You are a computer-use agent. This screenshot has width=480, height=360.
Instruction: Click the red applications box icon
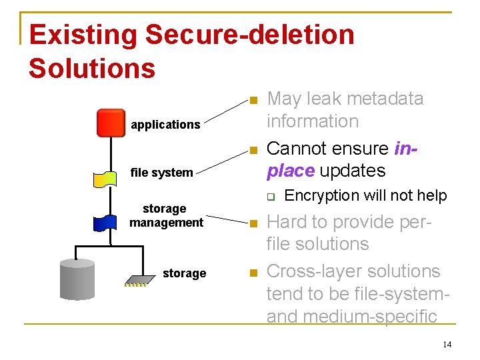111,122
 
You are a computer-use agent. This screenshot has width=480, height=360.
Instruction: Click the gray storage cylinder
77,279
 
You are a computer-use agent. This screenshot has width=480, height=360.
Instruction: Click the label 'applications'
165,125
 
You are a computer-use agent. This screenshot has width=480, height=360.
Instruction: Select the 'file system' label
161,173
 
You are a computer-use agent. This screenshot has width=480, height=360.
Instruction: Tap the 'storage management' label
166,215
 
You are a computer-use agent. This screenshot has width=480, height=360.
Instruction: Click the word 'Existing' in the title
83,35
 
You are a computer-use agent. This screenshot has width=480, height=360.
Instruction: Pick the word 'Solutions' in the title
92,68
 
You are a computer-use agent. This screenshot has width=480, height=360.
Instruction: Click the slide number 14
447,344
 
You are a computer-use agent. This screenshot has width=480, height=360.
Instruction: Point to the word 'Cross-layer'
310,271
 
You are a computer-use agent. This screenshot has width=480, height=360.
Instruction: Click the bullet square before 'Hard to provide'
252,225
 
